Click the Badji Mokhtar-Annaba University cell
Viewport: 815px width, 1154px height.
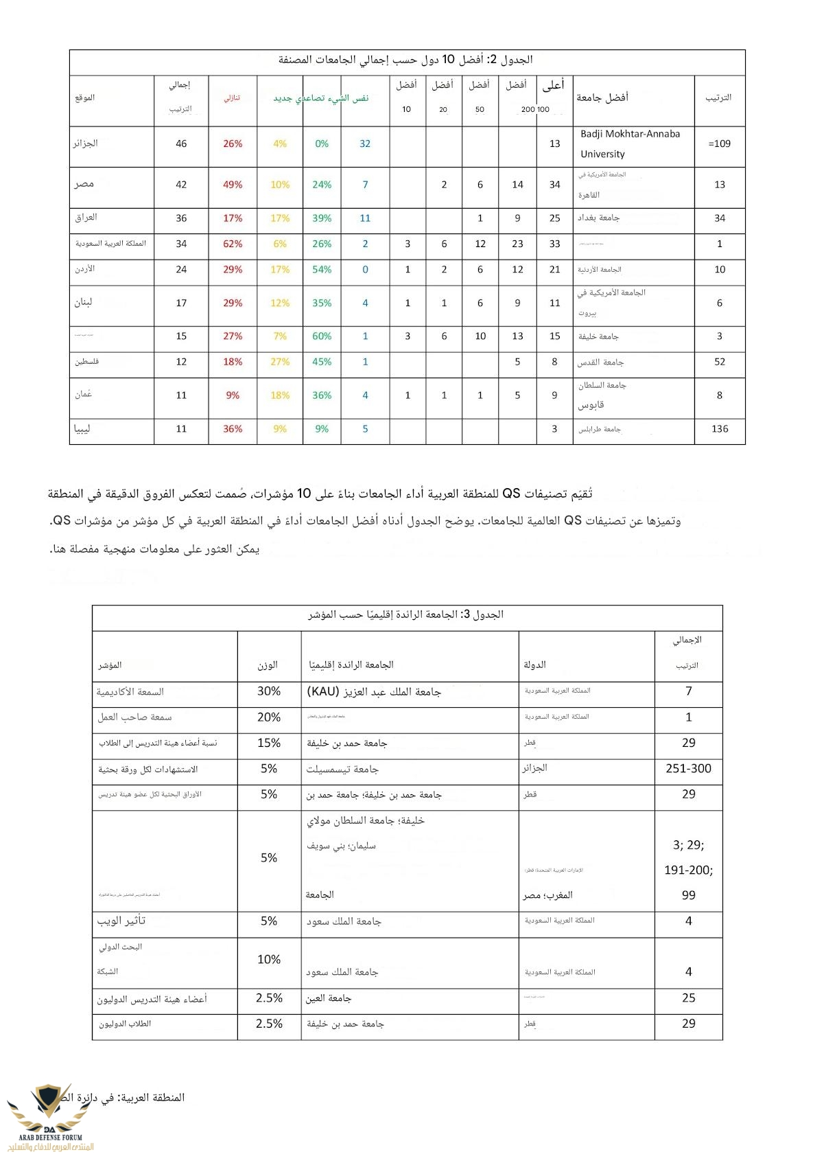pos(630,143)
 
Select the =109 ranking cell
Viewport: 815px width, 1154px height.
pos(719,143)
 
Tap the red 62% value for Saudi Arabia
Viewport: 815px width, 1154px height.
pos(233,244)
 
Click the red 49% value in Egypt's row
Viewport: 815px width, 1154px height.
pos(233,185)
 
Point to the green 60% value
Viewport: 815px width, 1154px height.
pos(322,336)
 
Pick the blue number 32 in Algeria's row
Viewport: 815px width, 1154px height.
pos(365,143)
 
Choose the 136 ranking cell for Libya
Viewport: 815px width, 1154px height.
pos(720,429)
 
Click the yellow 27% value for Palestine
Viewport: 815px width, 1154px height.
pos(280,362)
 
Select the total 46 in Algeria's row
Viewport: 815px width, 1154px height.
pos(181,143)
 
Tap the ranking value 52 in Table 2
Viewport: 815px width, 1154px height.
pos(720,362)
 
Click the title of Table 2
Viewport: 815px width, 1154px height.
pos(406,60)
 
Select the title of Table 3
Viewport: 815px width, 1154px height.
pos(406,614)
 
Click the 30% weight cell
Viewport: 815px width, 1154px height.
pos(269,691)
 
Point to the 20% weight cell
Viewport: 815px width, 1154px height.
pos(269,717)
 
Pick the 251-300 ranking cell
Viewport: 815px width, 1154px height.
pos(688,769)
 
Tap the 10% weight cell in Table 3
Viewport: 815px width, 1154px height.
pos(269,960)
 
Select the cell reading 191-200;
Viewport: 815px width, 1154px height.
pos(688,870)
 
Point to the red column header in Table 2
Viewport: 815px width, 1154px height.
pos(233,98)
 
